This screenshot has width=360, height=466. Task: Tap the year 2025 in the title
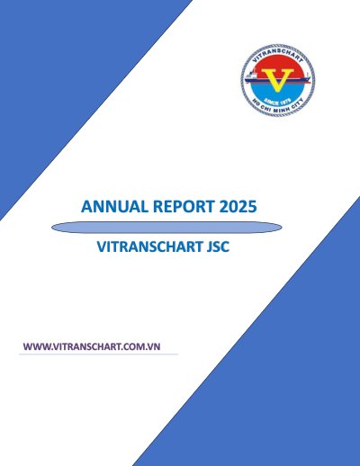point(238,207)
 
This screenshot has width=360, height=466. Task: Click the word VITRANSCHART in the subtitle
point(149,246)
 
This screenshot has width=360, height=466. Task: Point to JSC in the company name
point(218,246)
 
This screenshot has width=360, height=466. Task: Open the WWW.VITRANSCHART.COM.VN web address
point(92,346)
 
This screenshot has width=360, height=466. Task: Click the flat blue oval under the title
point(166,228)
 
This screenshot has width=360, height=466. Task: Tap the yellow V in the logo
point(278,79)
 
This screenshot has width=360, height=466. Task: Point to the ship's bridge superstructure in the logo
point(251,74)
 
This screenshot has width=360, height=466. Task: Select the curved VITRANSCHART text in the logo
point(278,56)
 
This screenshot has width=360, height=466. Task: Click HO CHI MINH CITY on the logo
point(278,105)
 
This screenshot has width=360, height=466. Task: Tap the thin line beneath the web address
point(99,354)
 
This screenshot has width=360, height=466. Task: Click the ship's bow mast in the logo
point(307,75)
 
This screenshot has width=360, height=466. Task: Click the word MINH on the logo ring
point(281,110)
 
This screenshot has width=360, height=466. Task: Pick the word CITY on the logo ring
point(298,103)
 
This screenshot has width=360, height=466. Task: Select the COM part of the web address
point(135,346)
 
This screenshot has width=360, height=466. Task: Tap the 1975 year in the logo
point(285,101)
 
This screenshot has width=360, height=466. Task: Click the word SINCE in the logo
point(271,102)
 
